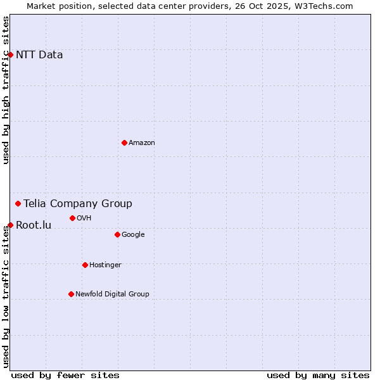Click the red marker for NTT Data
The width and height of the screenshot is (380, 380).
(x=10, y=54)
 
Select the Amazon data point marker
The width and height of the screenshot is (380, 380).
(x=124, y=142)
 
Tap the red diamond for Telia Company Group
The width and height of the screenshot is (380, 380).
(x=18, y=203)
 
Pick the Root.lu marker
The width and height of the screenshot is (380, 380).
(x=10, y=225)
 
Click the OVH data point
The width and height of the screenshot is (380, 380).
(x=72, y=218)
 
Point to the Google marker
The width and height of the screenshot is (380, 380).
(x=117, y=234)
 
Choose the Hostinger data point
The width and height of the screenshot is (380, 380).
(x=85, y=265)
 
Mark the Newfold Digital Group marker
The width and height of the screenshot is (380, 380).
(x=71, y=294)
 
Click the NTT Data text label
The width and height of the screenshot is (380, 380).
(x=39, y=54)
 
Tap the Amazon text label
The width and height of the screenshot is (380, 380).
(x=142, y=142)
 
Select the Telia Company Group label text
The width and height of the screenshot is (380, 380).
(x=78, y=203)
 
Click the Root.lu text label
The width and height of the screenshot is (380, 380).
(x=34, y=225)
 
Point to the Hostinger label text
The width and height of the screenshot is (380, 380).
(x=105, y=265)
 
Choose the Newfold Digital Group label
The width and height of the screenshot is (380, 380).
(x=112, y=294)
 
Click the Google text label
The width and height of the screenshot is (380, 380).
(x=133, y=234)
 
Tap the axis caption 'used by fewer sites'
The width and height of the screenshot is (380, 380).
(x=65, y=375)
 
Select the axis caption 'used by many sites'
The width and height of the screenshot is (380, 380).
(x=318, y=375)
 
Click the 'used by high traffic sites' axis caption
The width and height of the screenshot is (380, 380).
(x=6, y=90)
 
